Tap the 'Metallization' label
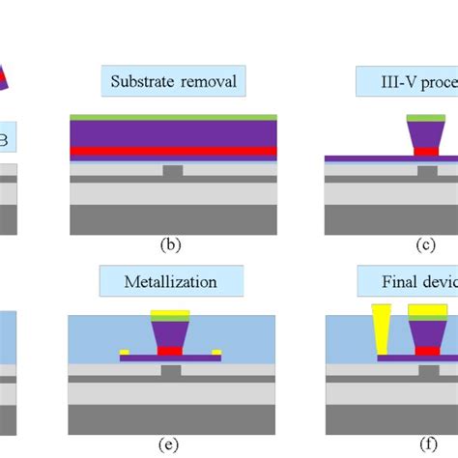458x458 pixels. [x=170, y=282]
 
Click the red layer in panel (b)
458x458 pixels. [x=174, y=151]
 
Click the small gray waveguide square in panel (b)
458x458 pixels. [x=173, y=171]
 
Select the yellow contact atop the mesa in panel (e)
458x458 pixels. [x=169, y=314]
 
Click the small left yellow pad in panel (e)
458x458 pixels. [x=125, y=352]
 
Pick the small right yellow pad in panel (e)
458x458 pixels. [x=215, y=352]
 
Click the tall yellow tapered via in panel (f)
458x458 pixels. [x=380, y=328]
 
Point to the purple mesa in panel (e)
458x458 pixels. [x=169, y=332]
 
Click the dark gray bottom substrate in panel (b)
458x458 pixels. [x=174, y=219]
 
